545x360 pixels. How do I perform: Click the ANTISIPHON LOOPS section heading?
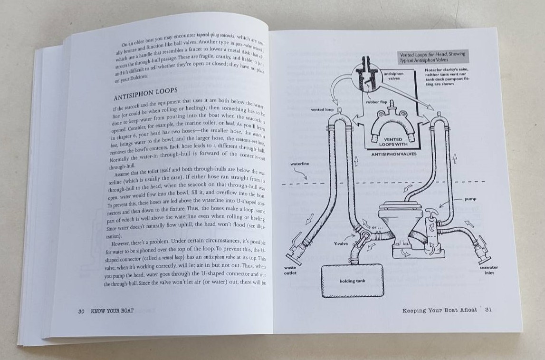[x=145, y=91]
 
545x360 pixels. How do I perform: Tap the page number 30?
[x=81, y=311]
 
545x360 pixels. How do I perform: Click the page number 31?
[x=488, y=310]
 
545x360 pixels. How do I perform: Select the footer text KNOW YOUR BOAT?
[x=112, y=311]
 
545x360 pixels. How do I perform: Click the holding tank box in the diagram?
[x=353, y=281]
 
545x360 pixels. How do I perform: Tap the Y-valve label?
[x=341, y=243]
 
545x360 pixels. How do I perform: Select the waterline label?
[x=300, y=164]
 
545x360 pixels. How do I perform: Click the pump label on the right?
[x=470, y=199]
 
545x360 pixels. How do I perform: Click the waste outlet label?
[x=290, y=270]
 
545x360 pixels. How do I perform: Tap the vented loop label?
[x=322, y=109]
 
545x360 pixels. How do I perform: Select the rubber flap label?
[x=377, y=102]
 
